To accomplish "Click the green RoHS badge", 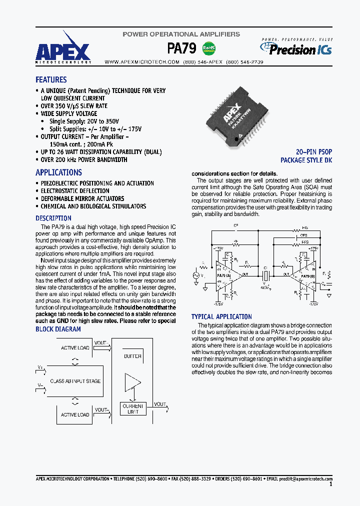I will pyautogui.click(x=208, y=48).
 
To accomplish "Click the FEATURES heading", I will pyautogui.click(x=51, y=79).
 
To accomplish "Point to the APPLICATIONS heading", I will pyautogui.click(x=58, y=172).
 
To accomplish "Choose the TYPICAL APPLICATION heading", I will pyautogui.click(x=221, y=316).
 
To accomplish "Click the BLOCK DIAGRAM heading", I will pyautogui.click(x=58, y=329).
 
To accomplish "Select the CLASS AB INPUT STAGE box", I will pyautogui.click(x=75, y=381).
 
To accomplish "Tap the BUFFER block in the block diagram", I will pyautogui.click(x=132, y=356).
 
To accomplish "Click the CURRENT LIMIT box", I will pyautogui.click(x=132, y=409).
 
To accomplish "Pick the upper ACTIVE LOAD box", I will pyautogui.click(x=75, y=347).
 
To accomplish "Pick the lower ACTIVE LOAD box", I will pyautogui.click(x=75, y=414).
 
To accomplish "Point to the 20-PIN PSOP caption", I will pyautogui.click(x=314, y=151).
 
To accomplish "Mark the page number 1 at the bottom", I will pyautogui.click(x=331, y=484).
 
